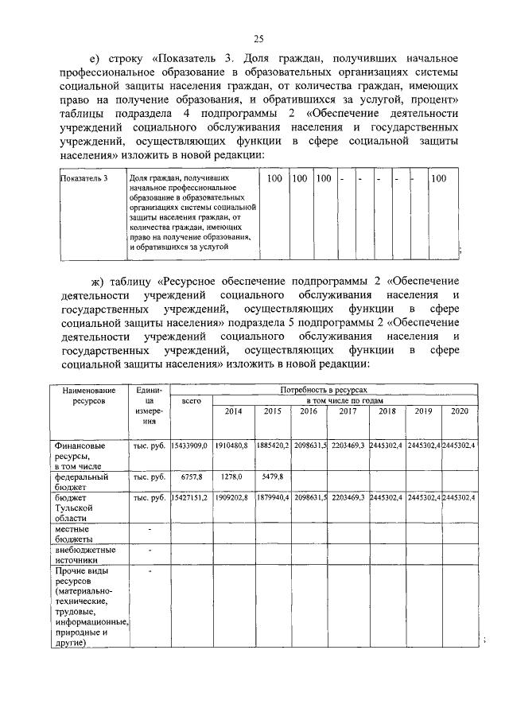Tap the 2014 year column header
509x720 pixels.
(234, 411)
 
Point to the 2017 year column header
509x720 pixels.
(348, 411)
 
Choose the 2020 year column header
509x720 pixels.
(460, 411)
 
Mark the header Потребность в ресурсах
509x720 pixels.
(324, 391)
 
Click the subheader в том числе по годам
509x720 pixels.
(344, 401)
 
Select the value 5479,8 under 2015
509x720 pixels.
(271, 477)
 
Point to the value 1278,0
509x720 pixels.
(234, 477)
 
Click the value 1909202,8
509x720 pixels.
(233, 497)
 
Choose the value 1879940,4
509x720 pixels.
(273, 497)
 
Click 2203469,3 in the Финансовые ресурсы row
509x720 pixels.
(348, 446)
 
